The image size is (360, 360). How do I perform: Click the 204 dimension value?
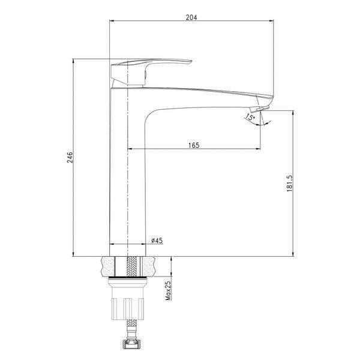[x=191, y=17]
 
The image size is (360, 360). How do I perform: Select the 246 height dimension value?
[x=70, y=157]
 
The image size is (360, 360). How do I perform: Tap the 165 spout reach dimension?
[x=194, y=145]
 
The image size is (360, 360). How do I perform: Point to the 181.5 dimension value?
[x=290, y=183]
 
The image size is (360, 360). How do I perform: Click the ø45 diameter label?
[x=157, y=241]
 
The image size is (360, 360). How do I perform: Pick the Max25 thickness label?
[x=168, y=291]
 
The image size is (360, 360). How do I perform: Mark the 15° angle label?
[x=250, y=118]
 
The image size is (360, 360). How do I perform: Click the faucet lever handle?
[x=151, y=71]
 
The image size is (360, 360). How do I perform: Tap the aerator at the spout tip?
[x=260, y=109]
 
